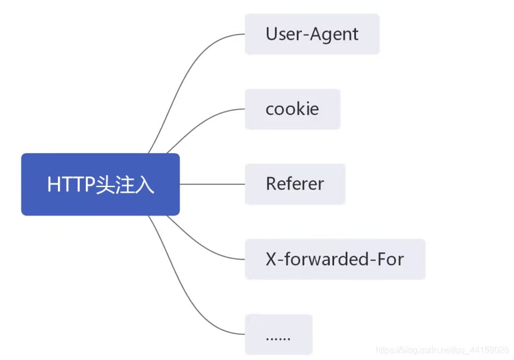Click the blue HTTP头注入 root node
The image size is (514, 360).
[100, 184]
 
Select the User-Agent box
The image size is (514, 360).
[312, 34]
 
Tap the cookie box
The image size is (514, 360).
[292, 109]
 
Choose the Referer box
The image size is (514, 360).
[295, 184]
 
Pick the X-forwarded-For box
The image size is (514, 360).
[335, 259]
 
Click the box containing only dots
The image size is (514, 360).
[278, 334]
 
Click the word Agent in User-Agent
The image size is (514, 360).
[335, 34]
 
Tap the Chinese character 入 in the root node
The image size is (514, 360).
[145, 185]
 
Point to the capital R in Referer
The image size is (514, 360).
[271, 184]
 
